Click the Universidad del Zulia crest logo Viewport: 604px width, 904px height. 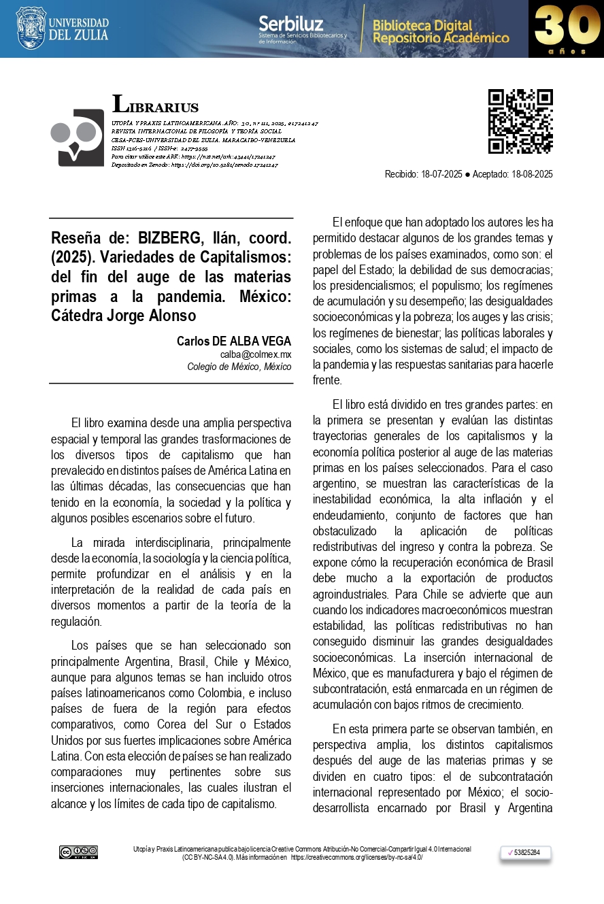click(x=31, y=28)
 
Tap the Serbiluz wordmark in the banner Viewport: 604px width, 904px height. click(x=290, y=24)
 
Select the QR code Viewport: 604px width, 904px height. click(x=520, y=121)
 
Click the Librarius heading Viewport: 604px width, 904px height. click(x=156, y=105)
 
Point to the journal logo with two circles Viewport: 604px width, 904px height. click(x=77, y=137)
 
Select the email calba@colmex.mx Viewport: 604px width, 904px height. click(x=255, y=354)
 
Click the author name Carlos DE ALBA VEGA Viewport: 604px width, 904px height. click(x=233, y=341)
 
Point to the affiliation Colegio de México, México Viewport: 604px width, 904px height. click(x=239, y=367)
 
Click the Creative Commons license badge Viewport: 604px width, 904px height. click(x=78, y=852)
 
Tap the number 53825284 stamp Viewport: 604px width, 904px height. click(x=525, y=852)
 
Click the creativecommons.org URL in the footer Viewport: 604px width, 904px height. click(x=356, y=857)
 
